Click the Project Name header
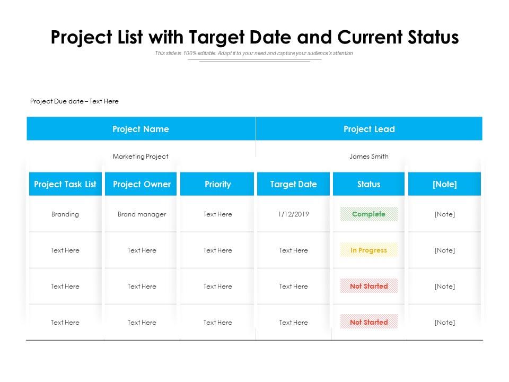click(141, 129)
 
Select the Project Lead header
click(369, 129)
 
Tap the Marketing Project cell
click(141, 157)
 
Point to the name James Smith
click(369, 157)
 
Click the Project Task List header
click(65, 185)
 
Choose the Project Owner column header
click(142, 185)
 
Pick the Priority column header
click(218, 185)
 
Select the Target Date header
click(293, 185)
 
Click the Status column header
click(368, 185)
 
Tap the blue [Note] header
click(445, 185)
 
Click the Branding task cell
click(65, 214)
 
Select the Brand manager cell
click(142, 214)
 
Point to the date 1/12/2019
click(293, 214)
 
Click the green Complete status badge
click(369, 214)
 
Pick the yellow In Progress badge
click(369, 250)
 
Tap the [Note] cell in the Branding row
click(445, 214)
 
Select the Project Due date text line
click(74, 101)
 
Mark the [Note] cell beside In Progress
click(445, 250)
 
